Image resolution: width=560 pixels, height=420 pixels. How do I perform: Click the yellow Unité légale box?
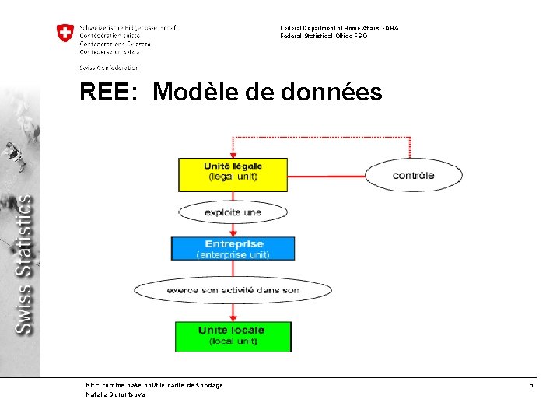233,174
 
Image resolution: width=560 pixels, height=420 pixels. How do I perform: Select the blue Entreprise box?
233,248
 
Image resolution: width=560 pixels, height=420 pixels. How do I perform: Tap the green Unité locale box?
233,336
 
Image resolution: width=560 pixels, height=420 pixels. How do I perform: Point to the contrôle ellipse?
413,175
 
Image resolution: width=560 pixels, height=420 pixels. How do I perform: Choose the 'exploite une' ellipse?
233,212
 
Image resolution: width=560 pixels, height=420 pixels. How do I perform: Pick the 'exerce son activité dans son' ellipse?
233,291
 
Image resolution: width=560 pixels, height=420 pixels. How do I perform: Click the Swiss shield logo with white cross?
65,33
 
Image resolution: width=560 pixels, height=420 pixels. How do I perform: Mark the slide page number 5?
531,385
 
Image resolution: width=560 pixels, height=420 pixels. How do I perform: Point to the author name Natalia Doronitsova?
115,394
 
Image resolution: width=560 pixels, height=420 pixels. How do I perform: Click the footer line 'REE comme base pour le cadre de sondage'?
154,385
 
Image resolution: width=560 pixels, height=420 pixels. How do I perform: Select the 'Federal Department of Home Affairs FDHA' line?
339,28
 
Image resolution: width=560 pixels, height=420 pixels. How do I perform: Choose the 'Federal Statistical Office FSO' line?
324,36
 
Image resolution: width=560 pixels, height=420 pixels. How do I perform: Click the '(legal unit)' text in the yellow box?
233,177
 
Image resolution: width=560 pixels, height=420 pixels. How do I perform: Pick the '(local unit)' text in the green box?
233,341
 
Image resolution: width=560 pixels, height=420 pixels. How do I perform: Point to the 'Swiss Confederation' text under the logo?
109,68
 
